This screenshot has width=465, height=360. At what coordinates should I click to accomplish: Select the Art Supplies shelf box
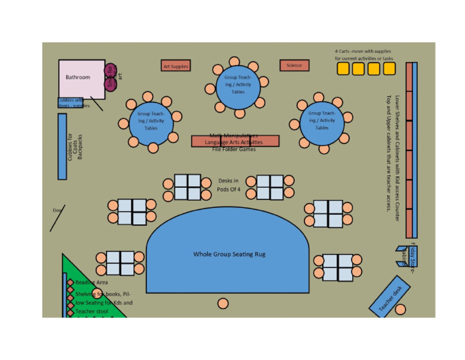(x=176, y=66)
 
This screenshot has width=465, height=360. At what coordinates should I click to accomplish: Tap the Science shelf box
(x=294, y=65)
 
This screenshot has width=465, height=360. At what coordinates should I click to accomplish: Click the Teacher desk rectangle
(x=389, y=299)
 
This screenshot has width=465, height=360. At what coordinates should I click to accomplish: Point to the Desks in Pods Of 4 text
(x=229, y=185)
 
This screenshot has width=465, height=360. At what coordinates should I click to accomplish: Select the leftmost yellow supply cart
(x=343, y=69)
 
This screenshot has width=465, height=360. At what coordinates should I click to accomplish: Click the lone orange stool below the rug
(x=223, y=304)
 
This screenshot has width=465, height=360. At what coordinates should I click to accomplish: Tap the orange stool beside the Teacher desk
(x=400, y=310)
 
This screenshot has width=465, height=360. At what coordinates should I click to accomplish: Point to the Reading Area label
(x=91, y=282)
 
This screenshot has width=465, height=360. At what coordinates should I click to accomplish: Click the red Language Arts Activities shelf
(x=235, y=141)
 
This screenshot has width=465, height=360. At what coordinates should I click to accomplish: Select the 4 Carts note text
(x=364, y=55)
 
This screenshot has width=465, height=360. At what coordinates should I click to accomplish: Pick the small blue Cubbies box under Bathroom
(x=70, y=102)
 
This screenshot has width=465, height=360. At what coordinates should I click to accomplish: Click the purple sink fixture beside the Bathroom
(x=110, y=78)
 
